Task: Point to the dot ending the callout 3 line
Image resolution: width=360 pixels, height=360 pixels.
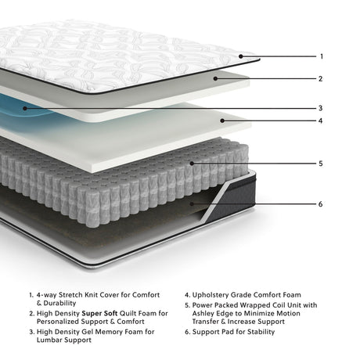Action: coord(25,108)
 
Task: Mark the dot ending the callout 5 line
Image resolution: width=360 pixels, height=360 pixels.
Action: coord(192,164)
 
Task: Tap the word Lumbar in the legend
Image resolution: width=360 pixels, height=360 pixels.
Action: coord(52,340)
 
